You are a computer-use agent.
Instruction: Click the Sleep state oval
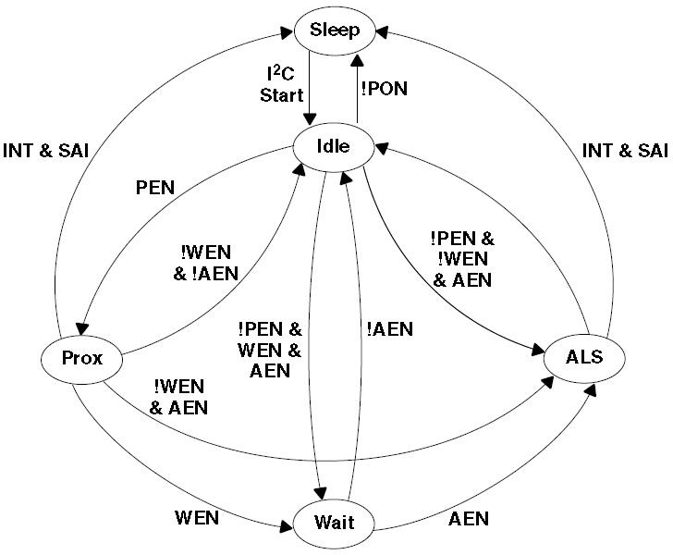(334, 30)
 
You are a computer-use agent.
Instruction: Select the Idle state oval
(334, 145)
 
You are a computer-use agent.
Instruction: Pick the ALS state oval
(585, 356)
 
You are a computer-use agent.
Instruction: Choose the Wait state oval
(334, 523)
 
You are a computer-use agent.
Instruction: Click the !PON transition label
(384, 90)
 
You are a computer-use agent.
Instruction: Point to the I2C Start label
(281, 82)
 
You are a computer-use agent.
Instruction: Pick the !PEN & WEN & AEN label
(270, 351)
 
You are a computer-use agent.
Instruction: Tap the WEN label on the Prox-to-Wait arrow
(197, 518)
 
